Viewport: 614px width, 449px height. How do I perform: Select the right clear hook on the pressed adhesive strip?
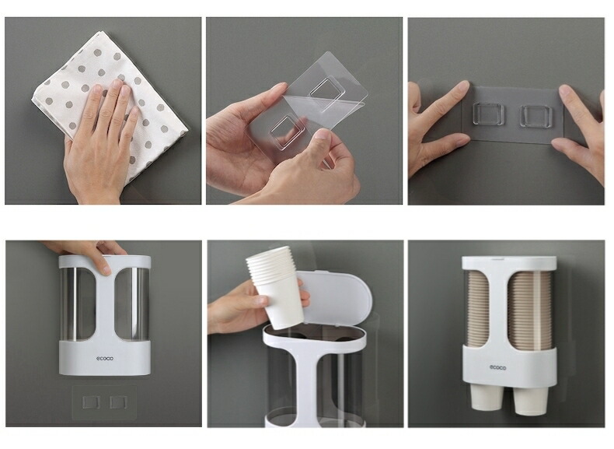click(536, 116)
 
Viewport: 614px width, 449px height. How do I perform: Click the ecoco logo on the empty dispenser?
click(105, 359)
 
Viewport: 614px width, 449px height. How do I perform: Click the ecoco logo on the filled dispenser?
click(497, 367)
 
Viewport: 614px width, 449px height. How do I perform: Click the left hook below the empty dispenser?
click(91, 402)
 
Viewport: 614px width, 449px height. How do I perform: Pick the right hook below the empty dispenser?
click(118, 402)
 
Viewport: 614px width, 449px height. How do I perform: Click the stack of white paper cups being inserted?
click(275, 286)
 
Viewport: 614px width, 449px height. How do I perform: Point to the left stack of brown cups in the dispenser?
click(475, 309)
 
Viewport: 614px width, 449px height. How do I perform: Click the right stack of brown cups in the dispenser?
click(529, 310)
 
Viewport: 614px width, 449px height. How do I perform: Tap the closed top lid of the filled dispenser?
click(508, 263)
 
